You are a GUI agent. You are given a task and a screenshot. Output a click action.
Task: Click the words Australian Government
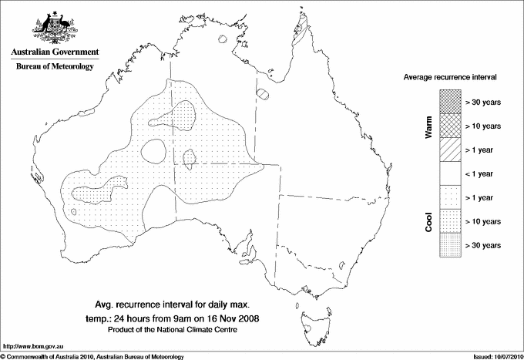(54, 52)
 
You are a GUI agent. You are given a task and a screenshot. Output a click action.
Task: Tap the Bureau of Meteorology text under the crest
(54, 67)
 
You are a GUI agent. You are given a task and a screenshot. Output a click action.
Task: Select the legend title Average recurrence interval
(450, 78)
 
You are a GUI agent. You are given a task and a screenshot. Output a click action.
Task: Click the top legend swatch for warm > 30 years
(448, 101)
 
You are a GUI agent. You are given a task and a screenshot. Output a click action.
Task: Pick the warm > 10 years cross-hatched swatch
(448, 125)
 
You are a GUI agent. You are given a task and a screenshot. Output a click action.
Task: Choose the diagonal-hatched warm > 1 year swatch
(448, 149)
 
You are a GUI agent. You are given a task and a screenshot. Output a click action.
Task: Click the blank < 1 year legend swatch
(448, 173)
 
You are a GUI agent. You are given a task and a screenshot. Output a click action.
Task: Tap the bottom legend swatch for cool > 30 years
(448, 244)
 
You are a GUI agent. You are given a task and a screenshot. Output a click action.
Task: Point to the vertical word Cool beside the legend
(429, 221)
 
